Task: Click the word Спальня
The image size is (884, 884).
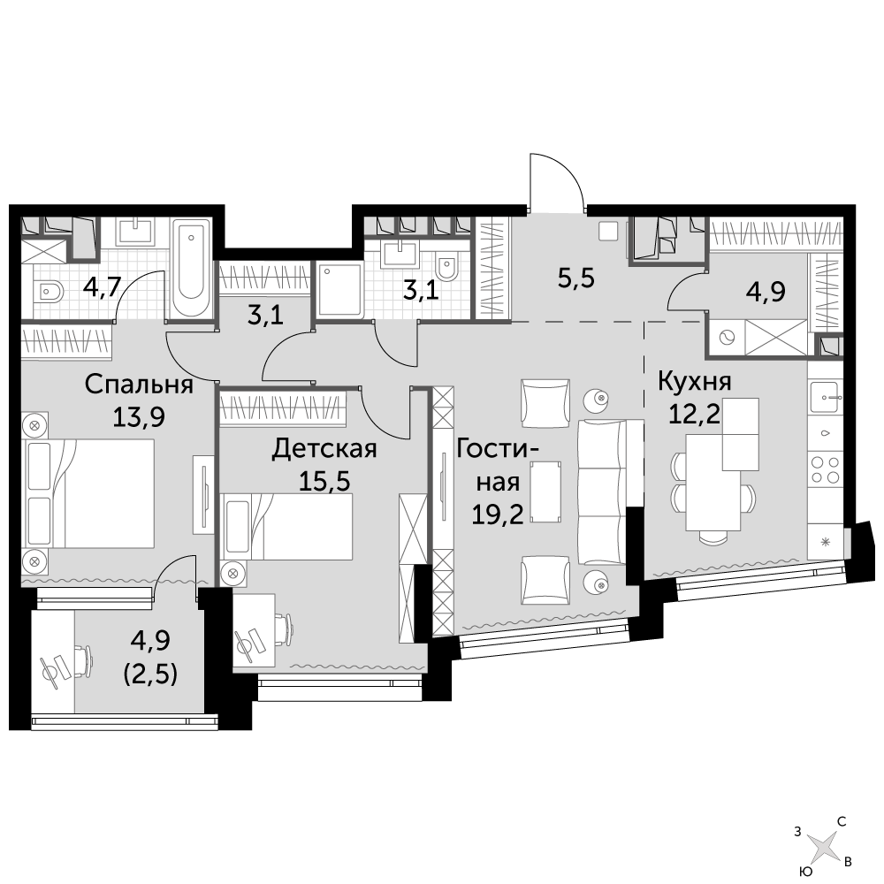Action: click(x=139, y=385)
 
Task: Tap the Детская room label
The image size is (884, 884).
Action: click(x=324, y=449)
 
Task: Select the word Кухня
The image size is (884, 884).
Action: click(x=695, y=382)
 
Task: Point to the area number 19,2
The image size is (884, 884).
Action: click(x=498, y=514)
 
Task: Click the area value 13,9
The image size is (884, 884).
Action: click(x=139, y=418)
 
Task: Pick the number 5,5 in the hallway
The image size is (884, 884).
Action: click(x=576, y=278)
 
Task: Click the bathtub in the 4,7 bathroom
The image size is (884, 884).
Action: click(x=191, y=269)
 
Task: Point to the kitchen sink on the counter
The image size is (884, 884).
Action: click(x=826, y=398)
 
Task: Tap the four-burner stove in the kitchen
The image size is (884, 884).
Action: click(x=825, y=470)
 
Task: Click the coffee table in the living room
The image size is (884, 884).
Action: click(x=545, y=491)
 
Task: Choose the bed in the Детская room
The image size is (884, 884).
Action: click(x=288, y=527)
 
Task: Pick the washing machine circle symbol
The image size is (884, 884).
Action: click(x=726, y=338)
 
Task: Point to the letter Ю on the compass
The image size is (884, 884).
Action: click(x=807, y=873)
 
